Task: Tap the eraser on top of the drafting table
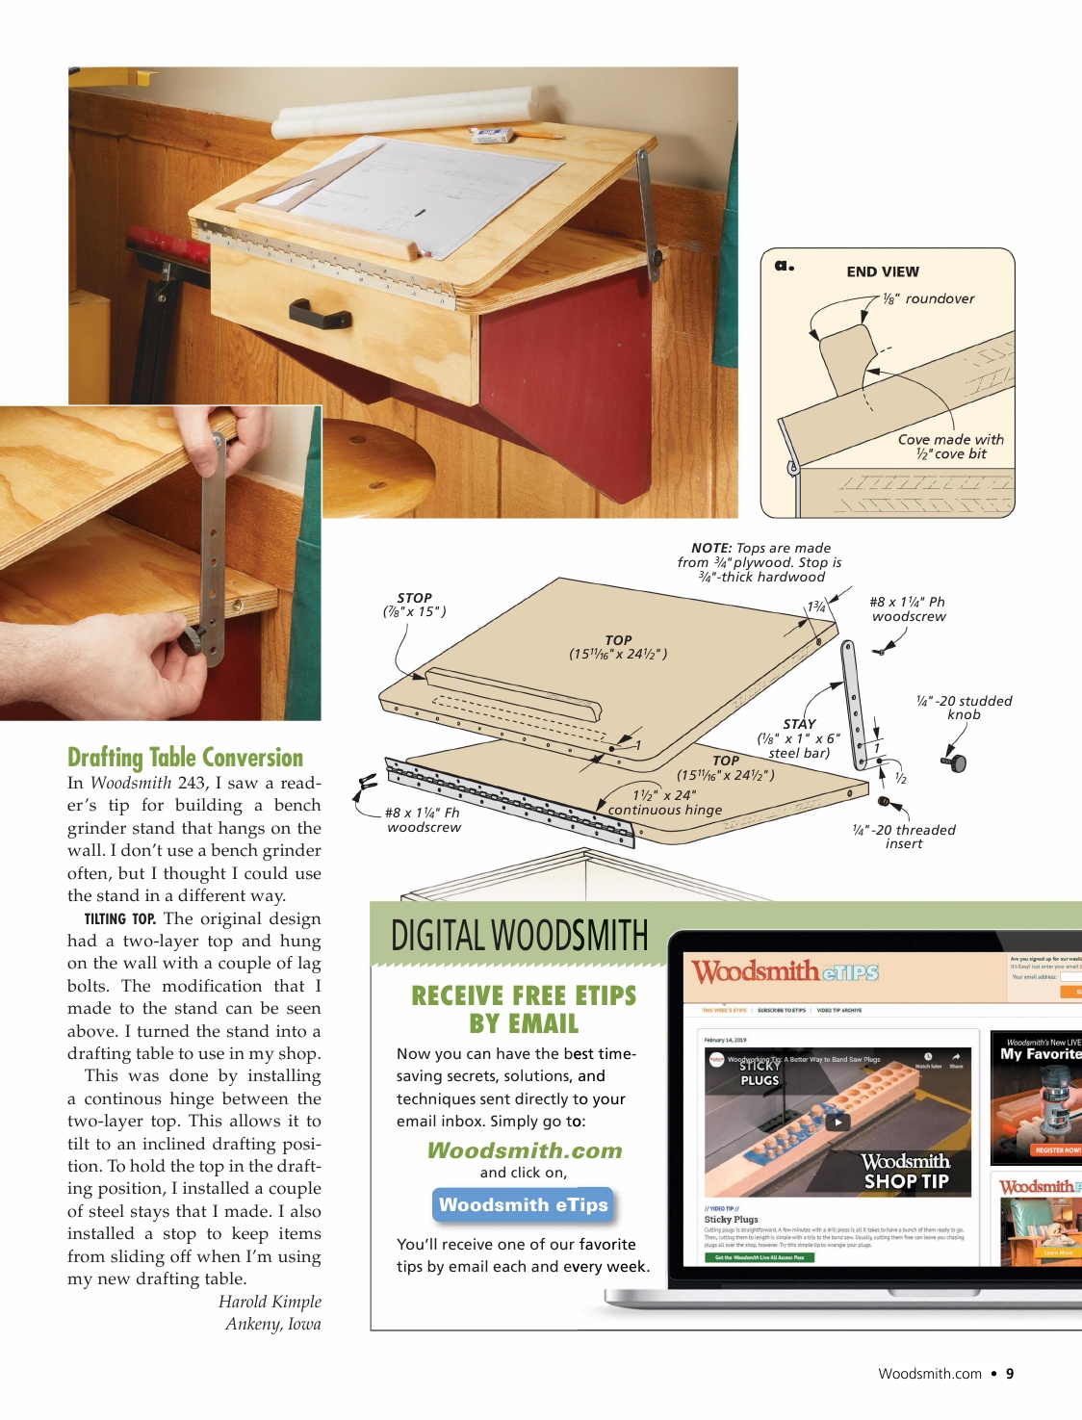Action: tap(493, 135)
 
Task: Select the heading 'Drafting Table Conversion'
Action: tap(185, 758)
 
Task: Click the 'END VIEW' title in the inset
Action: tap(882, 272)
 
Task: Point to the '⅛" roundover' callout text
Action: tap(929, 299)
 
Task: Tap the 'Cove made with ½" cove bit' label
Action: tap(950, 447)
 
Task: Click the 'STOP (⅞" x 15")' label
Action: tap(414, 605)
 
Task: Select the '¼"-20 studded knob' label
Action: tap(964, 708)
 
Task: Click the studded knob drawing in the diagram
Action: tap(957, 762)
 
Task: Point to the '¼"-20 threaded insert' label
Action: tap(904, 837)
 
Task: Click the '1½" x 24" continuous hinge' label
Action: tap(664, 803)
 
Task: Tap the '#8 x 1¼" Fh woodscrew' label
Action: tap(424, 820)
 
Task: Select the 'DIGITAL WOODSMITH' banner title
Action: tap(519, 936)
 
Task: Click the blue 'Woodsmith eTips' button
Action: tap(523, 1204)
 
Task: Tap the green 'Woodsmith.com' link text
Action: tap(525, 1150)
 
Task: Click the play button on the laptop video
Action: tap(837, 1122)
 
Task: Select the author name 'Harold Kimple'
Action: tap(270, 1302)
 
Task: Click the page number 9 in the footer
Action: tap(1010, 1374)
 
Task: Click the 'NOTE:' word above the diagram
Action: tap(711, 548)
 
